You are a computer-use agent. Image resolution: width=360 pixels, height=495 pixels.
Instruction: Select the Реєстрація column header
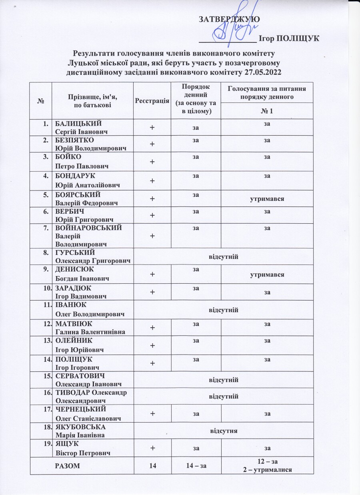pos(152,100)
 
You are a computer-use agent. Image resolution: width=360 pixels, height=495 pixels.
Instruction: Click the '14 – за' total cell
pos(196,465)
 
